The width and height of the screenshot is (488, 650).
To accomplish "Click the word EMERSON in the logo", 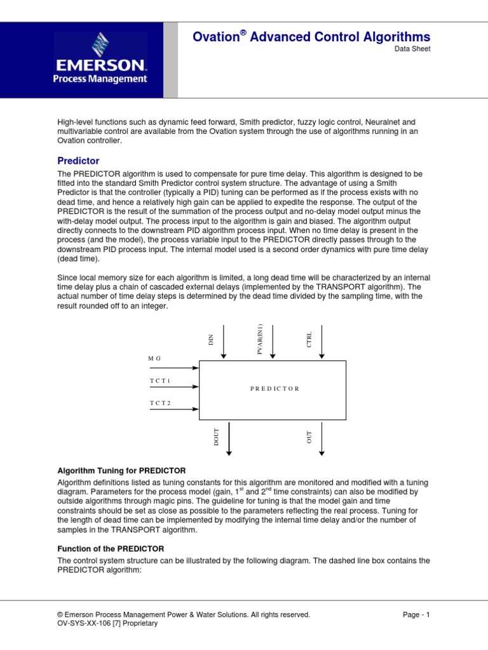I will pyautogui.click(x=100, y=65).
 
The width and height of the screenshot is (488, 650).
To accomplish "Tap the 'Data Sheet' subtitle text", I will pyautogui.click(x=412, y=49).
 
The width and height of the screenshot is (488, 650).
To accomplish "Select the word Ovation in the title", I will pyautogui.click(x=215, y=37).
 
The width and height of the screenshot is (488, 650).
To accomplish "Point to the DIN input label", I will pyautogui.click(x=212, y=340).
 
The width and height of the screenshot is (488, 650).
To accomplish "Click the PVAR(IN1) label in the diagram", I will pyautogui.click(x=261, y=339).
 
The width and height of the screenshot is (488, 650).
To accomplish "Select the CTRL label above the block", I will pyautogui.click(x=309, y=340).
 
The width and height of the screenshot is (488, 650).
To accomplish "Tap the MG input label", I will pyautogui.click(x=154, y=359).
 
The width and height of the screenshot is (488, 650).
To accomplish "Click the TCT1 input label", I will pyautogui.click(x=160, y=381).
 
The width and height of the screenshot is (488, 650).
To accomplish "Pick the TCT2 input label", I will pyautogui.click(x=160, y=403).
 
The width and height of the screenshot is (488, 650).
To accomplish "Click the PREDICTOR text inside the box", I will pyautogui.click(x=274, y=388).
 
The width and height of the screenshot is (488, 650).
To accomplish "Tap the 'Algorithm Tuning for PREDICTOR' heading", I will pyautogui.click(x=121, y=470).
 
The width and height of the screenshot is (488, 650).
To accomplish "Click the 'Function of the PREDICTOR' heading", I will pyautogui.click(x=111, y=548).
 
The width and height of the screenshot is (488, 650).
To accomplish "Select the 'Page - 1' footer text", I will pyautogui.click(x=416, y=614).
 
